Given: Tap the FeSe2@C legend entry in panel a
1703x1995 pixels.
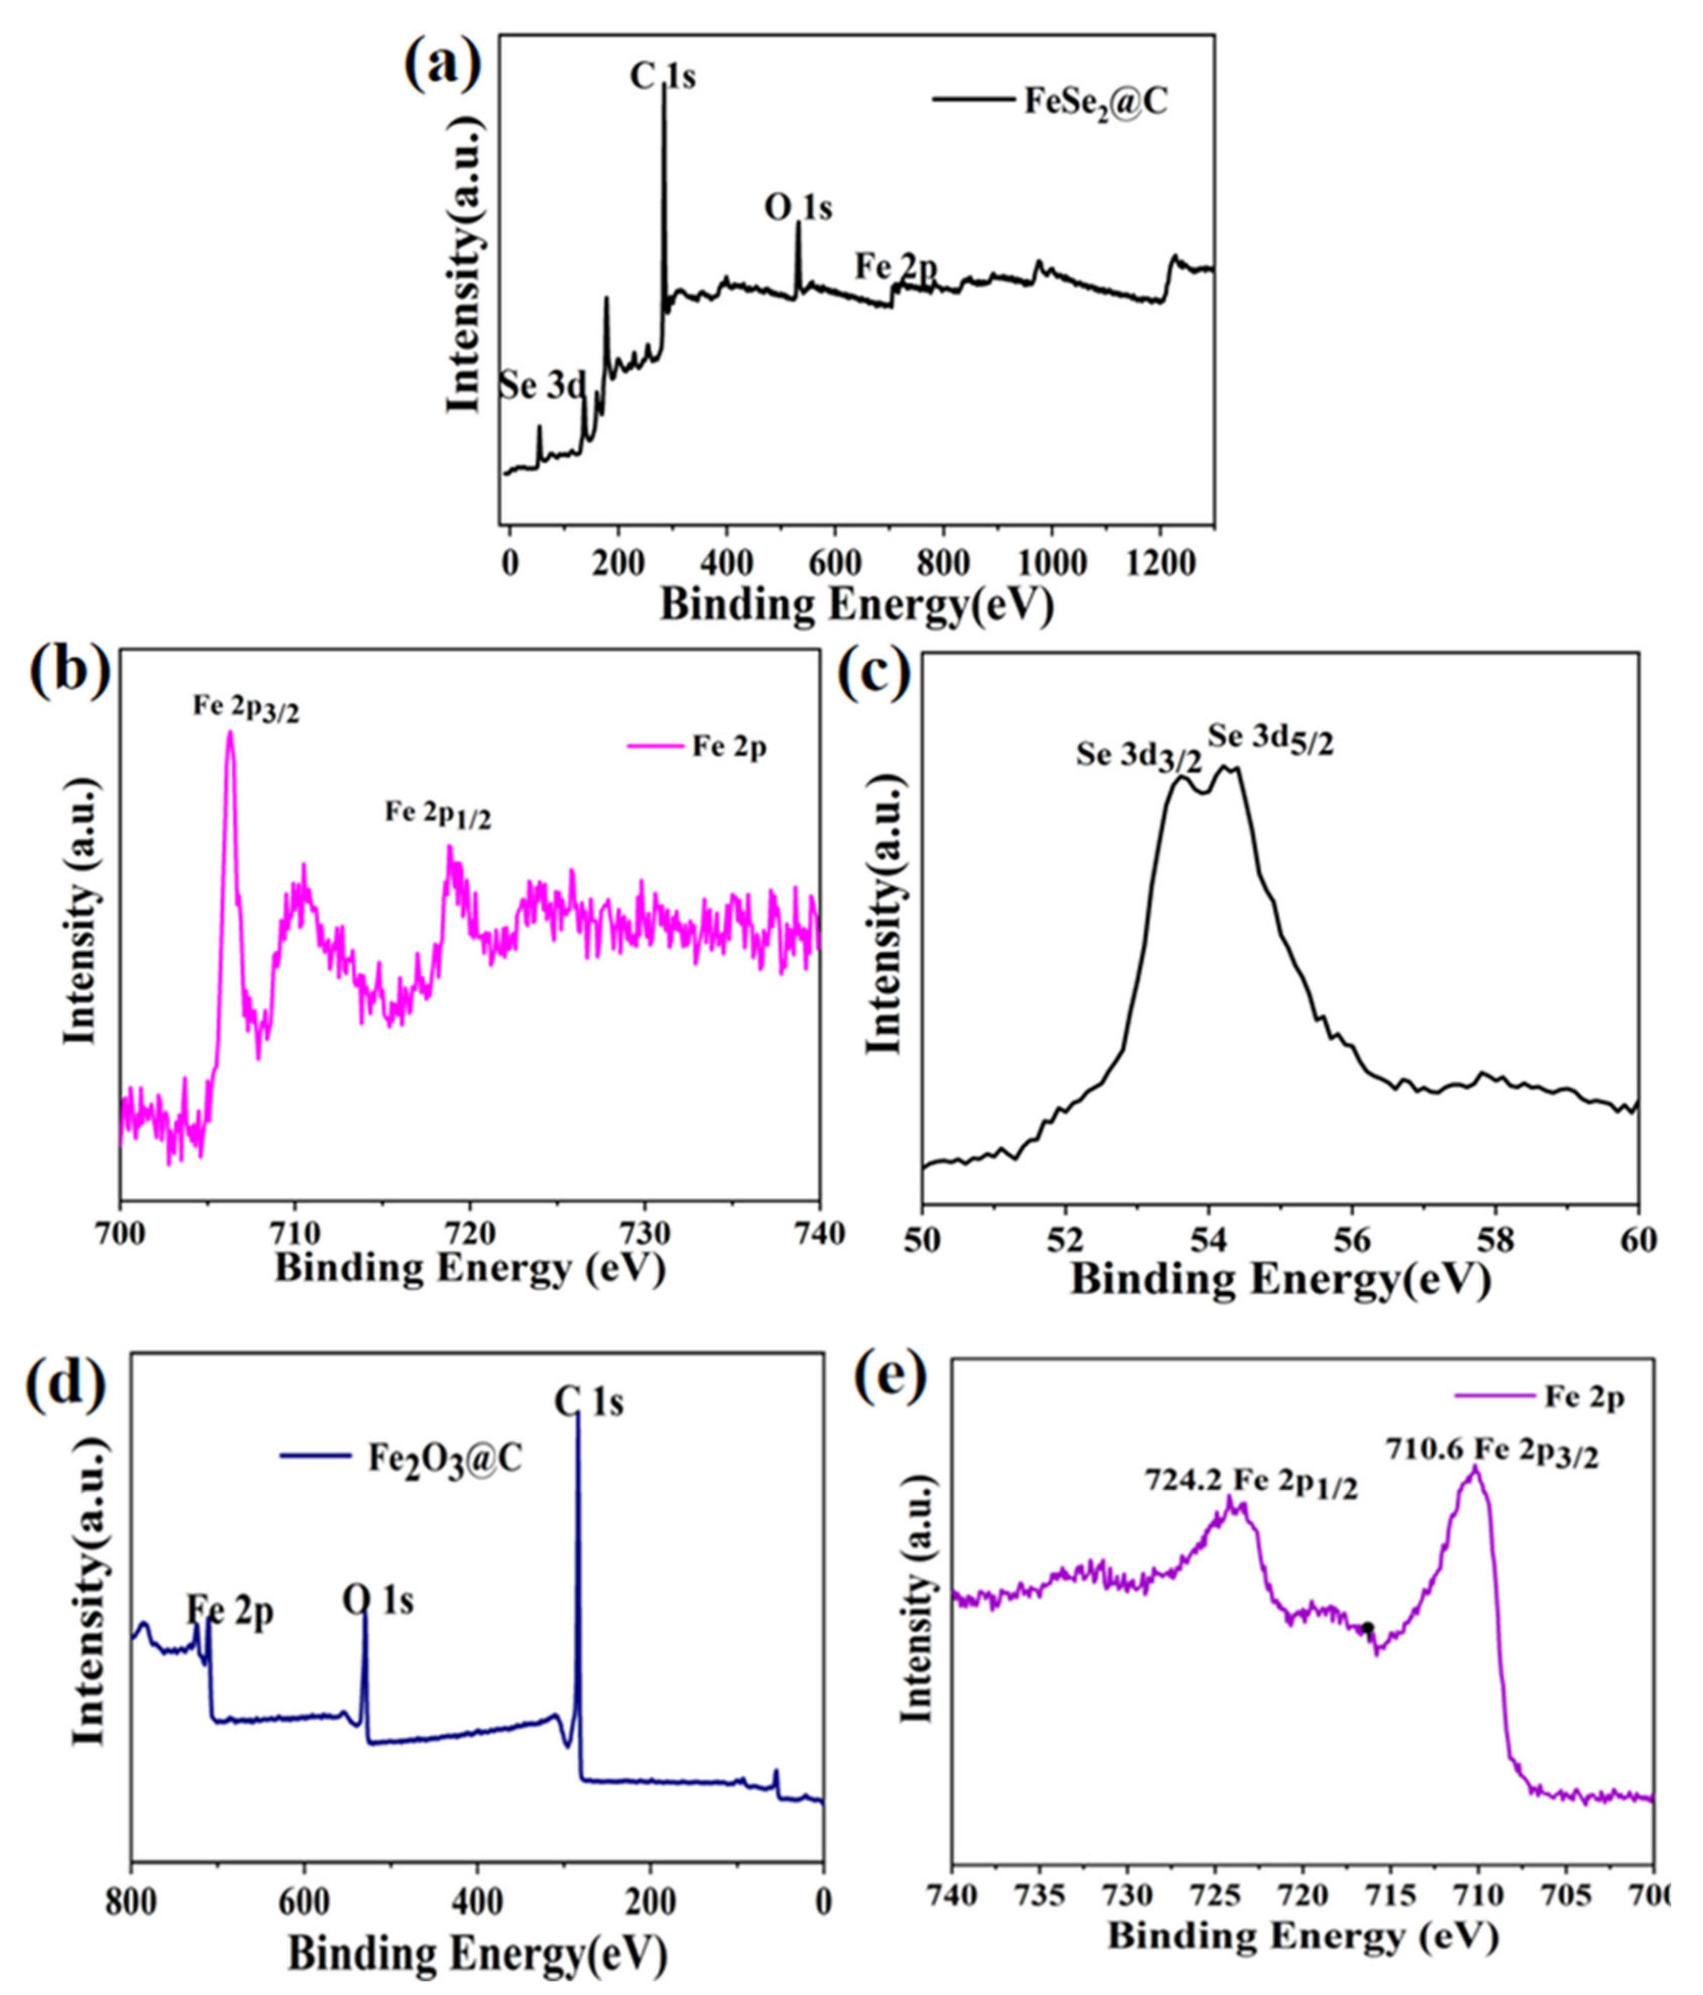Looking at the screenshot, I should [x=1092, y=102].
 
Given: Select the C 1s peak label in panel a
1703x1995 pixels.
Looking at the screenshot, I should [x=662, y=77].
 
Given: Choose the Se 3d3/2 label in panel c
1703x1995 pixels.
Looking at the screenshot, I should [x=1139, y=757].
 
